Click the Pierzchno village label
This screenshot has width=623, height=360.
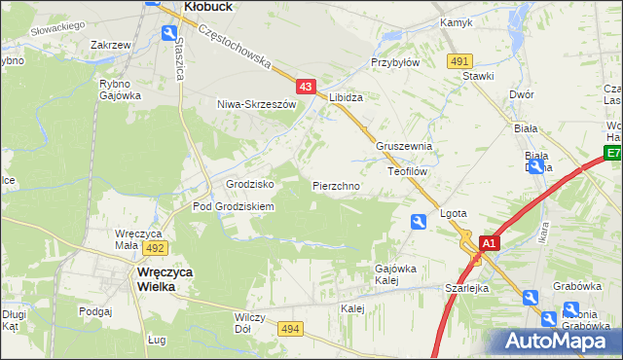point(336,185)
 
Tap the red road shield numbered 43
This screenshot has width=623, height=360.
point(306,88)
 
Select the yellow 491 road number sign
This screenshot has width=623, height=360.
point(459,61)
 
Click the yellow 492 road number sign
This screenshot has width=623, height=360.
point(157,248)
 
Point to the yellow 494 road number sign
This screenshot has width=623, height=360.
point(289,331)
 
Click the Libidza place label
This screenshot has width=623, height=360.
point(346,98)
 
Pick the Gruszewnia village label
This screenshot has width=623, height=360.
point(404,147)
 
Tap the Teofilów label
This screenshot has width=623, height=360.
point(408,170)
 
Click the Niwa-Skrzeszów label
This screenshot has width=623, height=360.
point(256,103)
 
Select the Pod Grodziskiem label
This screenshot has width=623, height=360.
point(234,206)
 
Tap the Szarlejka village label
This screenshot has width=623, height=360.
point(466,289)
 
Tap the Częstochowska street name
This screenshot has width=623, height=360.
point(234,47)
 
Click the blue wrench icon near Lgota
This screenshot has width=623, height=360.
point(418,222)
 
